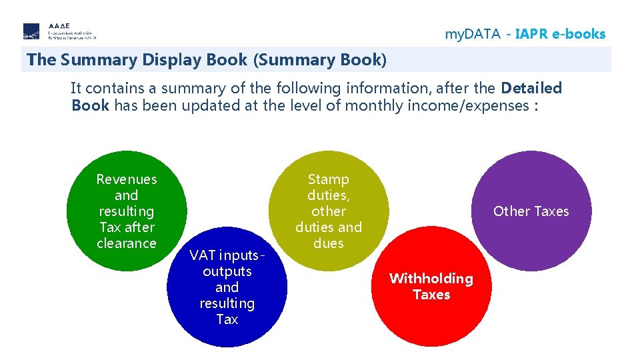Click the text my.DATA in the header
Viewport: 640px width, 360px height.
pyautogui.click(x=472, y=34)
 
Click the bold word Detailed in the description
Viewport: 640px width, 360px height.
pyautogui.click(x=531, y=88)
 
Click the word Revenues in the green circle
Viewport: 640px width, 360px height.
pyautogui.click(x=127, y=179)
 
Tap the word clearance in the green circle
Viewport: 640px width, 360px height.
pyautogui.click(x=127, y=243)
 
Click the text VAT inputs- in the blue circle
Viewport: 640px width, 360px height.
pyautogui.click(x=227, y=255)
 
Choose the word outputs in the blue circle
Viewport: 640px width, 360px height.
pyautogui.click(x=227, y=271)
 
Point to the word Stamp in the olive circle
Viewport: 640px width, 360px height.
pyautogui.click(x=328, y=179)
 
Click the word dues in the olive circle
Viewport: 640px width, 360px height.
pyautogui.click(x=328, y=243)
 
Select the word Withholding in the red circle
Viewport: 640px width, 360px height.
pyautogui.click(x=431, y=279)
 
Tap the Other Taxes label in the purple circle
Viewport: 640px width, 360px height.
pyautogui.click(x=531, y=211)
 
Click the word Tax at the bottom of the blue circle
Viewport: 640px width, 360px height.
pyautogui.click(x=227, y=319)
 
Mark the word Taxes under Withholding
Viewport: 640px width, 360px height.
pyautogui.click(x=431, y=295)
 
